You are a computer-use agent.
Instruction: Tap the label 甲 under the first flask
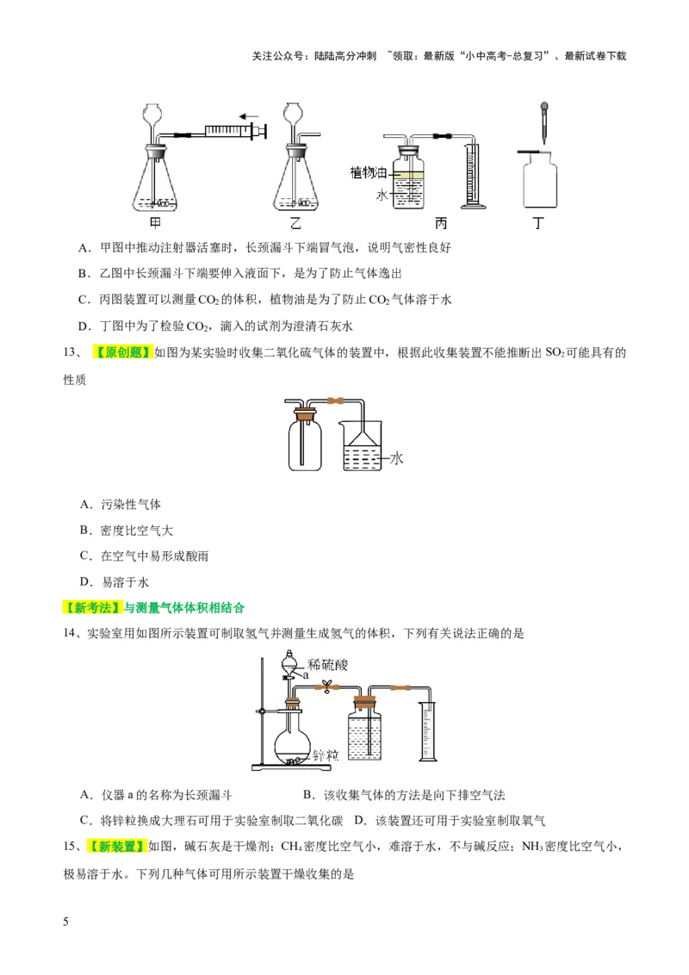pyautogui.click(x=156, y=223)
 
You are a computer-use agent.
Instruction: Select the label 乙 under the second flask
pyautogui.click(x=296, y=223)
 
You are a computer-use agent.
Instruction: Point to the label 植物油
pyautogui.click(x=369, y=172)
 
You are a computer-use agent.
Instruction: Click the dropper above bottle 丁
pyautogui.click(x=543, y=121)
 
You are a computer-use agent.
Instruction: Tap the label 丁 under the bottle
pyautogui.click(x=539, y=223)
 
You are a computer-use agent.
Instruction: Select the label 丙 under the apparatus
pyautogui.click(x=441, y=223)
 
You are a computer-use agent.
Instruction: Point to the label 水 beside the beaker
pyautogui.click(x=397, y=458)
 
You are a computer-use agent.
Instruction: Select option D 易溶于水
pyautogui.click(x=119, y=582)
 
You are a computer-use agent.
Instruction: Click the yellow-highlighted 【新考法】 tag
pyautogui.click(x=93, y=608)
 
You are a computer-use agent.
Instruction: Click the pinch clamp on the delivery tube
pyautogui.click(x=326, y=686)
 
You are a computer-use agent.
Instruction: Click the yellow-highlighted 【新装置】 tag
pyautogui.click(x=115, y=847)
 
